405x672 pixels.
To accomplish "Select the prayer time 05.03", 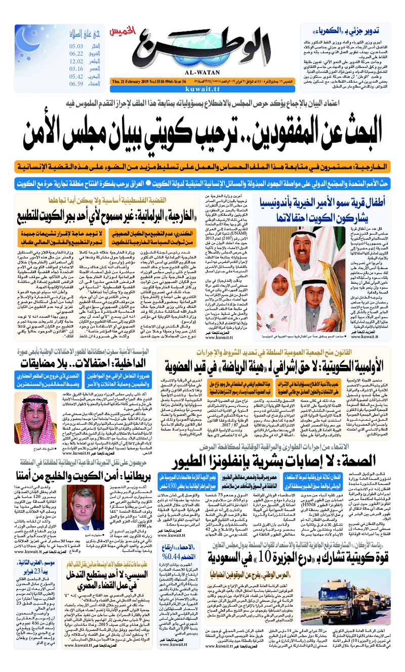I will [77, 47].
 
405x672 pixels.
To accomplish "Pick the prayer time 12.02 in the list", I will [77, 61].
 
